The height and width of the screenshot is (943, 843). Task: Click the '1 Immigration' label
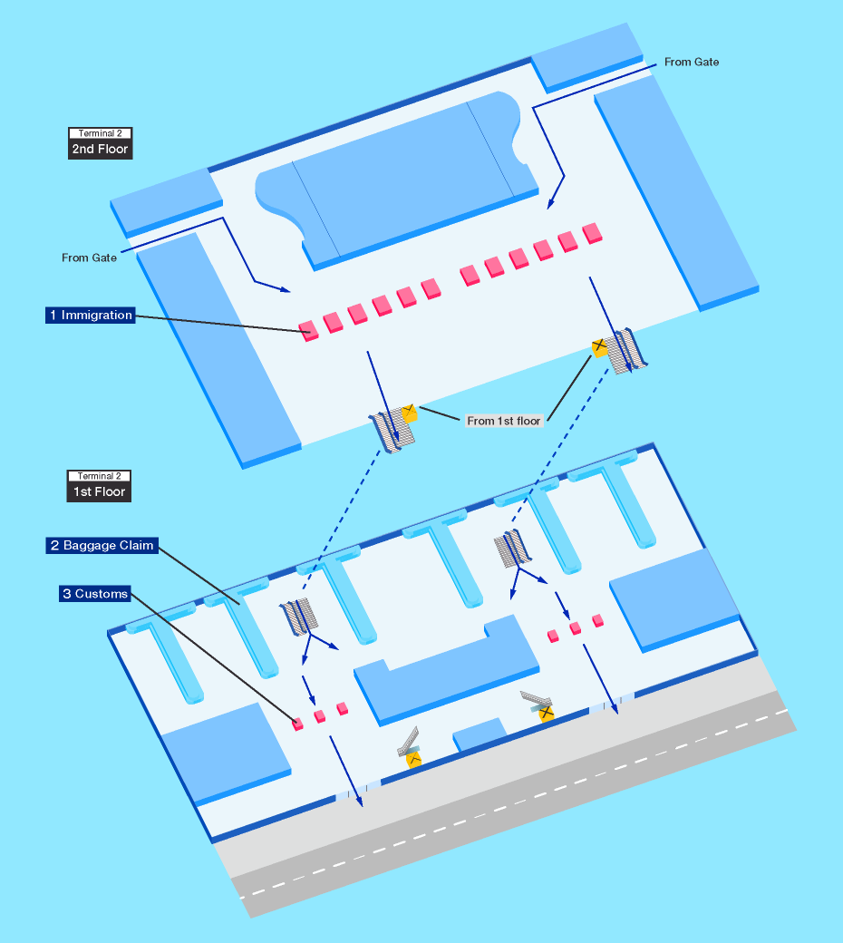point(91,316)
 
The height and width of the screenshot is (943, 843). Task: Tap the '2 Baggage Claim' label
point(102,546)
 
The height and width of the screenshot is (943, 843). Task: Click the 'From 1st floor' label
point(504,421)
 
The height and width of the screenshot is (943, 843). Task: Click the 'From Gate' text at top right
point(692,63)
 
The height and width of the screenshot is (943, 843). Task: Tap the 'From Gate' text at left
point(89,258)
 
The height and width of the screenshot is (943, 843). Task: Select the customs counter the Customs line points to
point(297,724)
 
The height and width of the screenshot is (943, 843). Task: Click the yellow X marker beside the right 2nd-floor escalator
point(599,345)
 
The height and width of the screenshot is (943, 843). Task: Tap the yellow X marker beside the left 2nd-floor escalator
point(409,413)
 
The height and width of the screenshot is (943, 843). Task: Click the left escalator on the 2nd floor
point(392,433)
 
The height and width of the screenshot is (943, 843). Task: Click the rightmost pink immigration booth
point(593,233)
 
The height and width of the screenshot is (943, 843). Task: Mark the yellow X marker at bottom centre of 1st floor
point(413,758)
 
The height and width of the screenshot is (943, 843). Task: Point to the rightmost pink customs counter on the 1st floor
point(597,620)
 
